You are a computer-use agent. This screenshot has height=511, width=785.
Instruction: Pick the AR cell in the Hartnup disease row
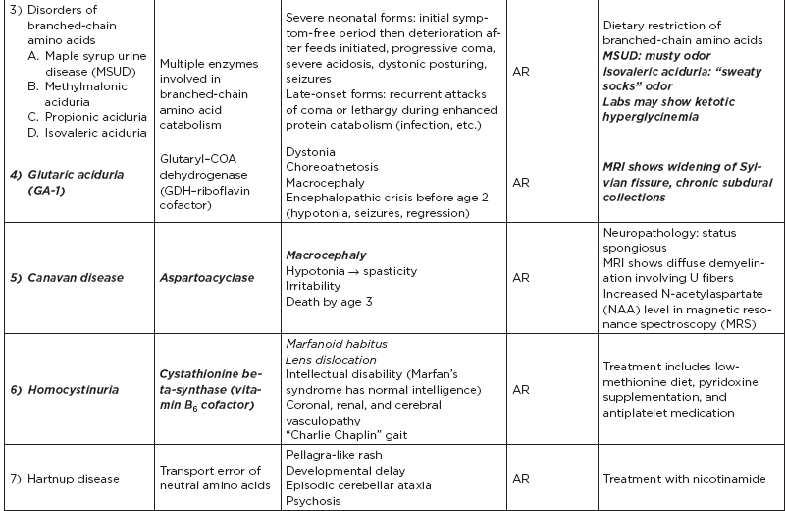(x=523, y=479)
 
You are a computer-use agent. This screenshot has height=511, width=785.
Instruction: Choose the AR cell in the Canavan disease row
(x=523, y=278)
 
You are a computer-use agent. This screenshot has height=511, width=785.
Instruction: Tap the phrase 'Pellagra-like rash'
(x=337, y=456)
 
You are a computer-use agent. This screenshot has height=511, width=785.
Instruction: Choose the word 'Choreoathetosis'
(x=331, y=168)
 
